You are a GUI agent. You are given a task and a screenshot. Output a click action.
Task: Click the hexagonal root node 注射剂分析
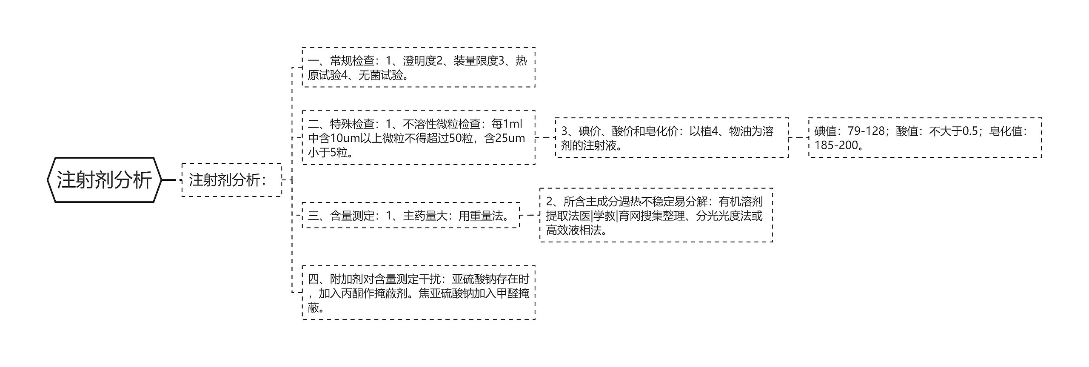[104, 180]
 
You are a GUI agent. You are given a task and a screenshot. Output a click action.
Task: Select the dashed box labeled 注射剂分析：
[231, 180]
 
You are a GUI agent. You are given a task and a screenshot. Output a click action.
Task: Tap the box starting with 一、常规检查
[418, 68]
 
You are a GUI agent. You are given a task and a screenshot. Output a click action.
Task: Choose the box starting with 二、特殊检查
[418, 138]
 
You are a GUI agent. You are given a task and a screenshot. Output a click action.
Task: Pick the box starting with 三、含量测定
[411, 216]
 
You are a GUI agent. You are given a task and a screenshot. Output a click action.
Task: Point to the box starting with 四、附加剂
[418, 293]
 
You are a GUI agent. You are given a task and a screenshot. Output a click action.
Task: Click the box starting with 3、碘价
[671, 138]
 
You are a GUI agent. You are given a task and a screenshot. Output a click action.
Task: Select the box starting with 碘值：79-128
[924, 138]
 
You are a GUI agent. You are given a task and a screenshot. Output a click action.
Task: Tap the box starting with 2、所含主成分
[656, 216]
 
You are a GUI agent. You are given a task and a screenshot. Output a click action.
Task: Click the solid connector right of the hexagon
[169, 180]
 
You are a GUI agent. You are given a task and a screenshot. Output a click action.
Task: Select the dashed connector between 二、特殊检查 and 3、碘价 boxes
[545, 138]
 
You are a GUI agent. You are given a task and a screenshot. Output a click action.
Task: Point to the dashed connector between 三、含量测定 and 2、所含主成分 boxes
[530, 216]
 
